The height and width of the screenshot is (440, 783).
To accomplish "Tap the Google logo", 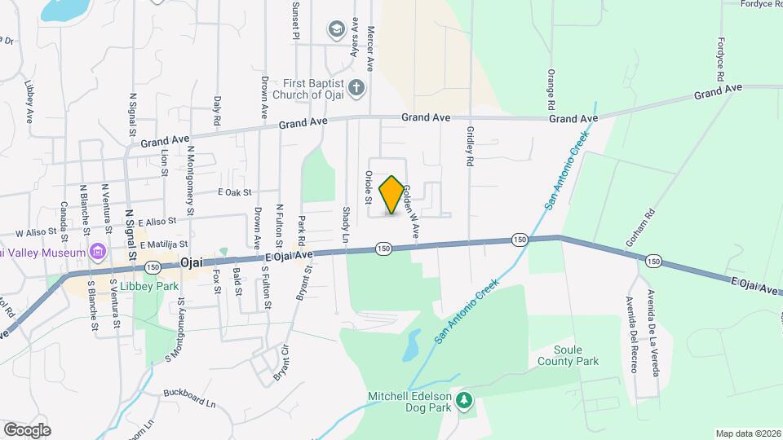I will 27,429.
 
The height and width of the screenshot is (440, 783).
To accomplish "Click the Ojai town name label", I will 191,262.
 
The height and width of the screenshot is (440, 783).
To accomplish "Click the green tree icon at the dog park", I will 464,399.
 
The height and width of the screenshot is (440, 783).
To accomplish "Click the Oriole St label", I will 369,187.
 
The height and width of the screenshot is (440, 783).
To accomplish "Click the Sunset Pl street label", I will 296,20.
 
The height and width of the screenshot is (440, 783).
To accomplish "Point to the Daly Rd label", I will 217,110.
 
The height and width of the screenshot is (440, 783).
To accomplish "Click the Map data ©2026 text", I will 746,433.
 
